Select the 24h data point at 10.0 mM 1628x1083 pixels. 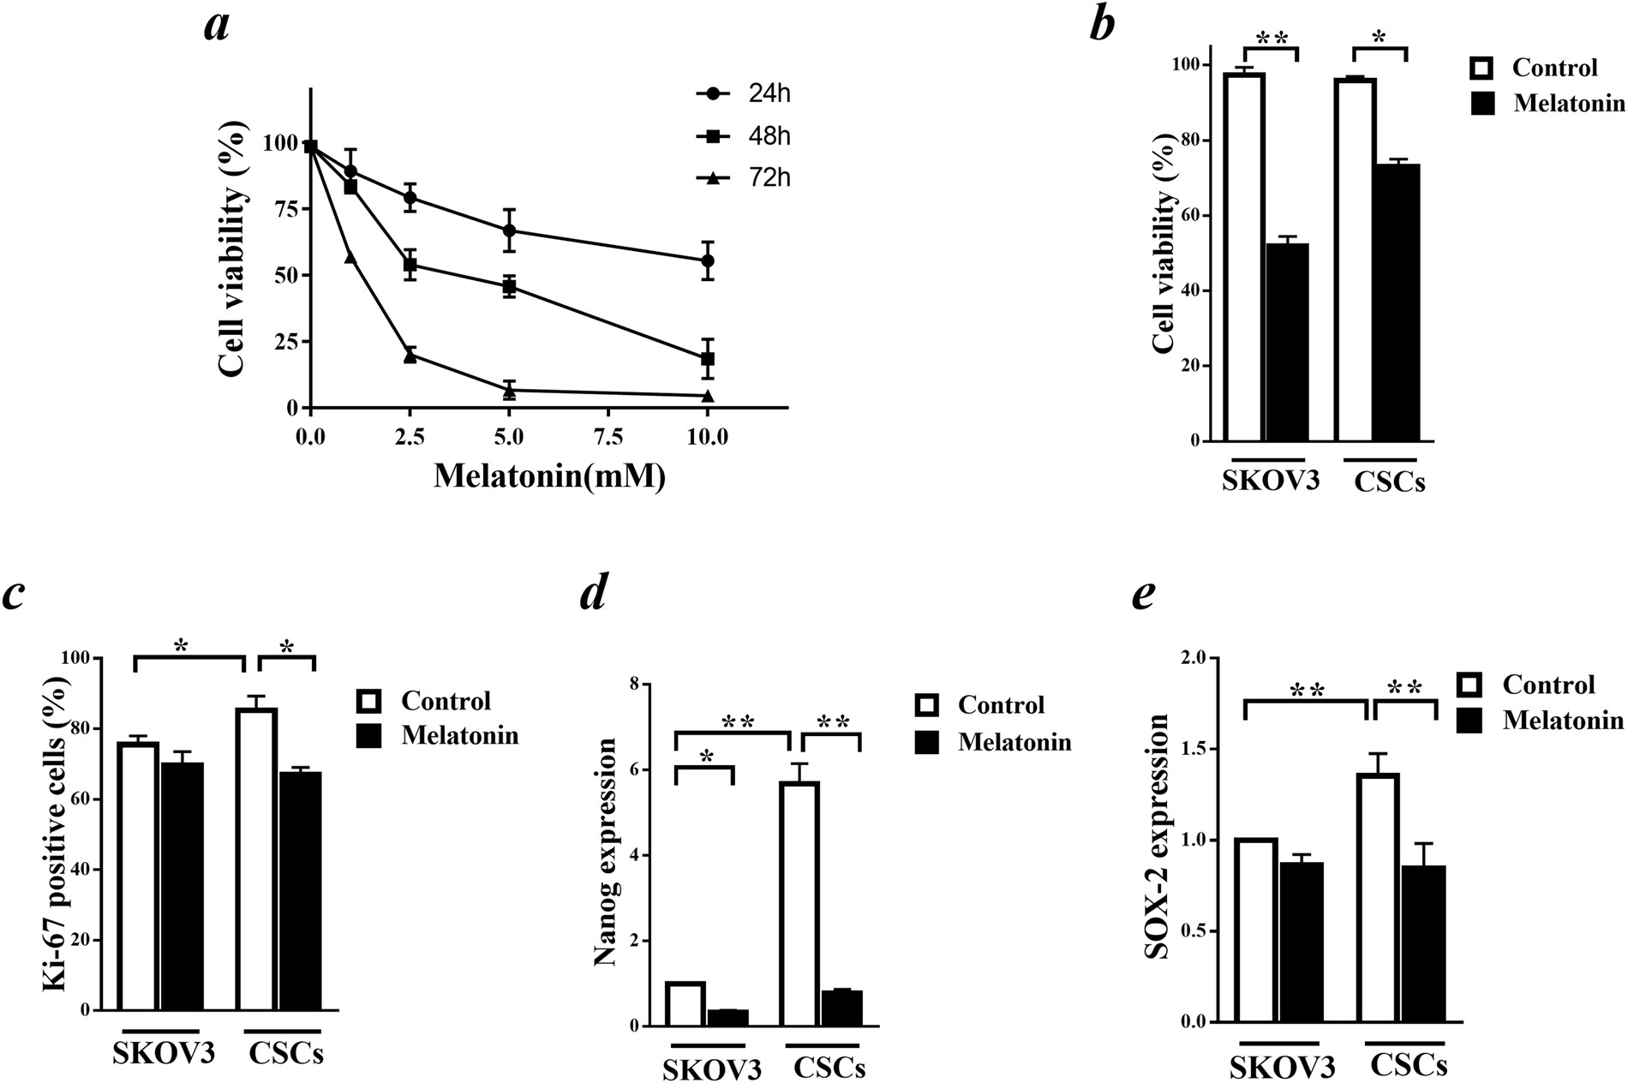(x=708, y=260)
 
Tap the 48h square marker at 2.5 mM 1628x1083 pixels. (x=410, y=265)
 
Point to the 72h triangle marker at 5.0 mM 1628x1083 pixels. (x=510, y=391)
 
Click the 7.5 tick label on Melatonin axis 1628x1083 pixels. (x=608, y=437)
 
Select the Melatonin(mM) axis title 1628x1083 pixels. (x=549, y=476)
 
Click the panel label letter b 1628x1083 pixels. (x=1102, y=24)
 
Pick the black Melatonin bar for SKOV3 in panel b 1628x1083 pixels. (x=1287, y=343)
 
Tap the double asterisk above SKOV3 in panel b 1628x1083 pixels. (x=1272, y=39)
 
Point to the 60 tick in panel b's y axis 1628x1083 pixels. (x=1194, y=216)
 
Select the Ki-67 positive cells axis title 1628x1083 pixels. (x=57, y=833)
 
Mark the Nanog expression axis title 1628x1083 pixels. (x=607, y=853)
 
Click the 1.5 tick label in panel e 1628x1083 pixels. (x=1194, y=750)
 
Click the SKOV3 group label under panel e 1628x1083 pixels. (x=1282, y=1067)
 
